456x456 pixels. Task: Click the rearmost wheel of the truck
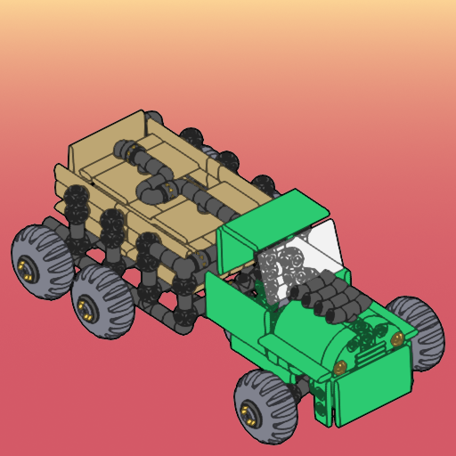[x=41, y=256]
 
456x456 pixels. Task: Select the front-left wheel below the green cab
[x=266, y=407]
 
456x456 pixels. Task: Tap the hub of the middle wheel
[x=87, y=310]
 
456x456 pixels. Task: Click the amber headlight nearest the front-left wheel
[x=338, y=368]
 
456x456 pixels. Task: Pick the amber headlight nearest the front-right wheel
[x=396, y=338]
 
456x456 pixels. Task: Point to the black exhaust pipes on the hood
[x=330, y=298]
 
